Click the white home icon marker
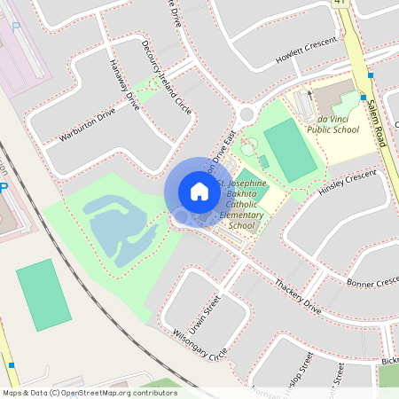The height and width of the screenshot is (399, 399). (x=199, y=191)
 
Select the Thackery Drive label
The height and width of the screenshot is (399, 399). (x=297, y=296)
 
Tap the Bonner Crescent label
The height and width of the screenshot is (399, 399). (x=372, y=282)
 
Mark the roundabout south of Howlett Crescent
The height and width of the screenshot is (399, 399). (x=246, y=113)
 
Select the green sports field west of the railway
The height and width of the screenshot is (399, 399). (x=43, y=293)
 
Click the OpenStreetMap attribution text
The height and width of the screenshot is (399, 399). (x=89, y=392)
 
